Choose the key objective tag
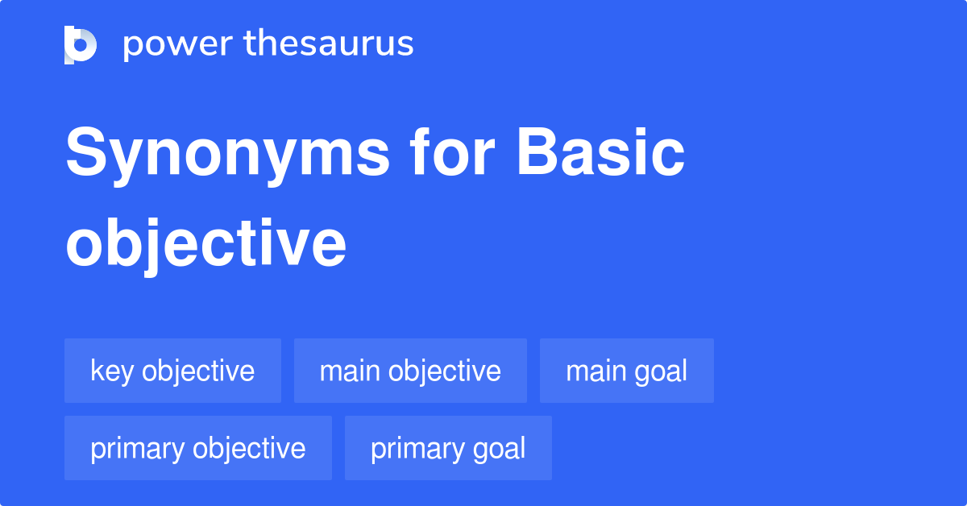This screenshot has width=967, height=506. [x=172, y=371]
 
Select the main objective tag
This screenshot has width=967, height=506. [x=410, y=371]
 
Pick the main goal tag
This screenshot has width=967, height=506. [x=626, y=371]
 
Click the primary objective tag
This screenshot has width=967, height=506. [x=197, y=449]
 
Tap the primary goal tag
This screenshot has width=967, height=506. [x=448, y=449]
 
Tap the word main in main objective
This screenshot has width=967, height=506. [x=350, y=371]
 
